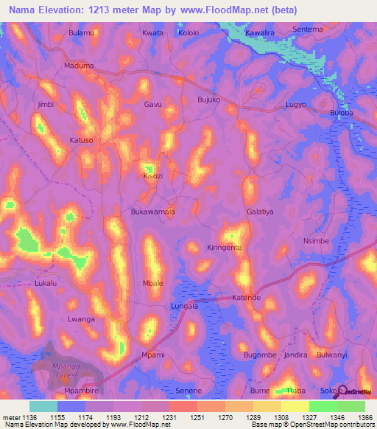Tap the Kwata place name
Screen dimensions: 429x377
coord(153,33)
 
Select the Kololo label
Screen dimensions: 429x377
coord(188,33)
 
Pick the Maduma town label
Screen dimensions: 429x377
coord(79,66)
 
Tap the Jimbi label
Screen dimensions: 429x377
coord(46,105)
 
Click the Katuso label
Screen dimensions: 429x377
coord(81,139)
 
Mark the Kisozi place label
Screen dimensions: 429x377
coord(153,177)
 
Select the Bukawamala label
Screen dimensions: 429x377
coord(152,212)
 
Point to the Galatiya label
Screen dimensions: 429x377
coord(260,212)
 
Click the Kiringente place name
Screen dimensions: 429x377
coord(224,248)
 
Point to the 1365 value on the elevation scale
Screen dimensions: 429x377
coord(364,417)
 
